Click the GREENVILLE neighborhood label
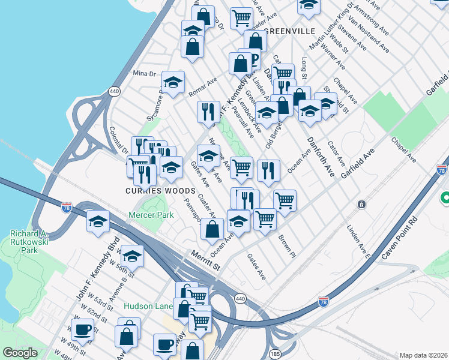tap(289, 31)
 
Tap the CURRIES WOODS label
tap(151, 191)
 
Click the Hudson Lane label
tap(148, 306)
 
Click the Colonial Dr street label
tap(118, 138)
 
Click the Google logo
tap(19, 353)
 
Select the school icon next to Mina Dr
tap(173, 82)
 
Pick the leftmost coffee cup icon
tap(82, 329)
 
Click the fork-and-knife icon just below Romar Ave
tap(208, 111)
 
